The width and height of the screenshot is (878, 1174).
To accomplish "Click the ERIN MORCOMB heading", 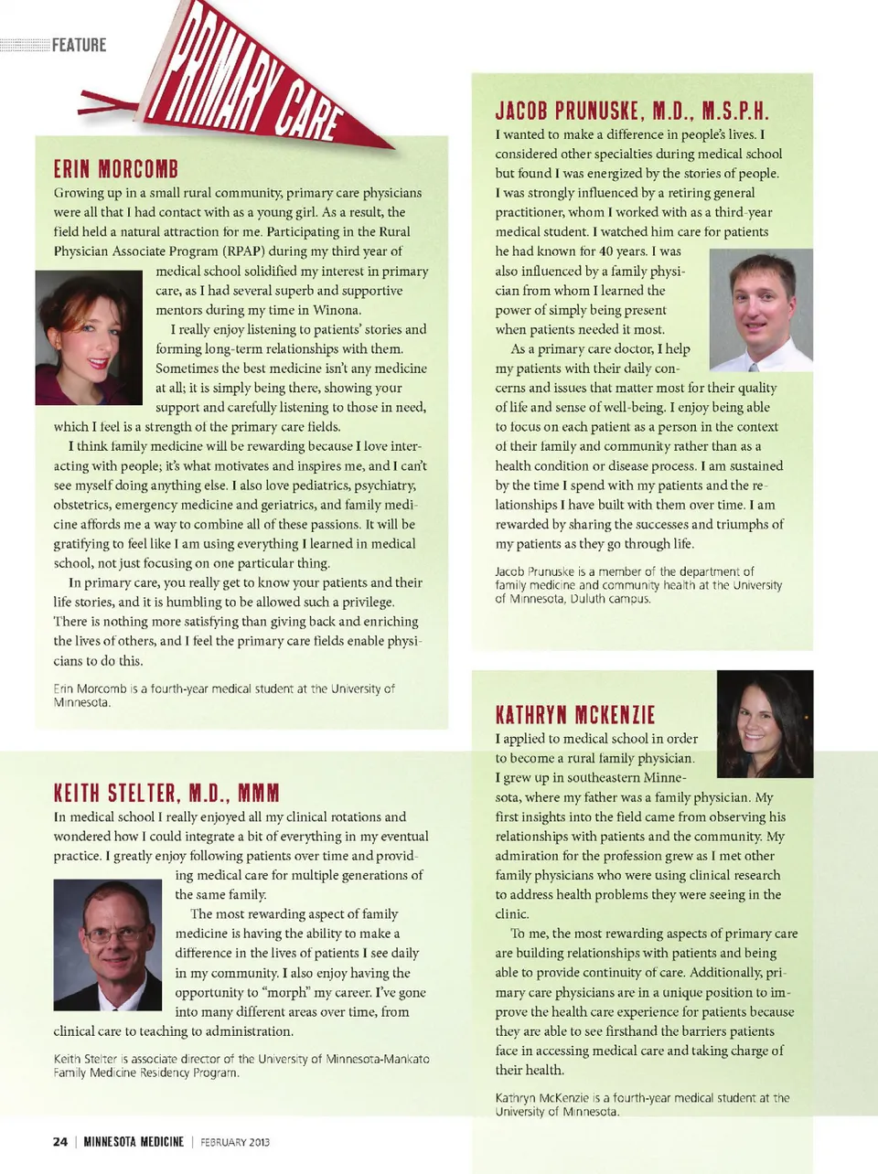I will pyautogui.click(x=116, y=169).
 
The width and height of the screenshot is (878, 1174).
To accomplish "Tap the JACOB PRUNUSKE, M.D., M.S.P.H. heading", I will pyautogui.click(x=631, y=111).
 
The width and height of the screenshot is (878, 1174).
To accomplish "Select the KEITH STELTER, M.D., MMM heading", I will pyautogui.click(x=166, y=793).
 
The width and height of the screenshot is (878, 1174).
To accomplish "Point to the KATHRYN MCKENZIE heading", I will pyautogui.click(x=575, y=715).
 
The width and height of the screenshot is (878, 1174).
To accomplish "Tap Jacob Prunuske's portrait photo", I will pyautogui.click(x=761, y=310).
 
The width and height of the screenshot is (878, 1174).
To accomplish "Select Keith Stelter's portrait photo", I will pyautogui.click(x=107, y=944).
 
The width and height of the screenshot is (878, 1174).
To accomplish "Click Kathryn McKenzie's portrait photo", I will pyautogui.click(x=765, y=723).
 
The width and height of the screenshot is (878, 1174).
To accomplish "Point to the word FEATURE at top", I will pyautogui.click(x=80, y=45).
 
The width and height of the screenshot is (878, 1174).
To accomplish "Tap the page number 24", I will pyautogui.click(x=60, y=1141).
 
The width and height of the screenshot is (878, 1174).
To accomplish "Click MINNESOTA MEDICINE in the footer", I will pyautogui.click(x=134, y=1141).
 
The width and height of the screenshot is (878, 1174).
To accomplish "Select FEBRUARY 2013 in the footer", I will pyautogui.click(x=235, y=1142).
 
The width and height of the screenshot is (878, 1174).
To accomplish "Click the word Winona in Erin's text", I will pyautogui.click(x=336, y=310).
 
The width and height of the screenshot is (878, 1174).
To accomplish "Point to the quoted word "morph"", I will pyautogui.click(x=285, y=992).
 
